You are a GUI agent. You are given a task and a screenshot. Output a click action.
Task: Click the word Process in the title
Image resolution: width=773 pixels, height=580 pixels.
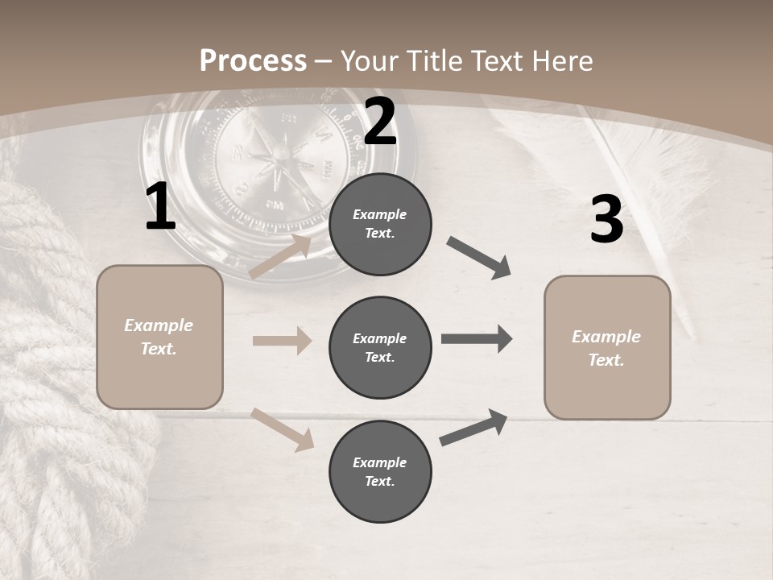coord(253,61)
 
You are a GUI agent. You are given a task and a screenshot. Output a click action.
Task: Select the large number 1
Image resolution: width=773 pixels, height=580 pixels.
coord(160,207)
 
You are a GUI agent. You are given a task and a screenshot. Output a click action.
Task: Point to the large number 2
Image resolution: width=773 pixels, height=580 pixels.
coord(380,122)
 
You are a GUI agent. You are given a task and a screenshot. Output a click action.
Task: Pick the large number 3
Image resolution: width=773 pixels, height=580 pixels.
coord(606,220)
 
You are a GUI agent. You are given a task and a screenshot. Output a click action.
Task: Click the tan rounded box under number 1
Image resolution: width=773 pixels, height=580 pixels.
coord(159,337)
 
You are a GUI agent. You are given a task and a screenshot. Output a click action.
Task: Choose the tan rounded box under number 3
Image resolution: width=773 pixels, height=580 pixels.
coord(607,348)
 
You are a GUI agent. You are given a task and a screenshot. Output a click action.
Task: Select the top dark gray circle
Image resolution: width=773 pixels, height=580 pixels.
coord(380,224)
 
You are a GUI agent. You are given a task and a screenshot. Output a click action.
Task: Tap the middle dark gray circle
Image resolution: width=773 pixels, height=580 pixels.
coord(380,347)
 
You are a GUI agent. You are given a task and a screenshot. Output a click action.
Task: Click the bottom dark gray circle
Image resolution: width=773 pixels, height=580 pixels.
coord(380,471)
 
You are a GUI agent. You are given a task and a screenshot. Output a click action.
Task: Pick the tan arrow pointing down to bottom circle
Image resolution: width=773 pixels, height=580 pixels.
coord(283,429)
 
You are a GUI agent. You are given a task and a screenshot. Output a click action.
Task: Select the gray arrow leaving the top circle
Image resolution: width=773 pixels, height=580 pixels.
coord(479,258)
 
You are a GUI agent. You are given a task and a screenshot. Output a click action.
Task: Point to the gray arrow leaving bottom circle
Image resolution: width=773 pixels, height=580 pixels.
coord(473,428)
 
